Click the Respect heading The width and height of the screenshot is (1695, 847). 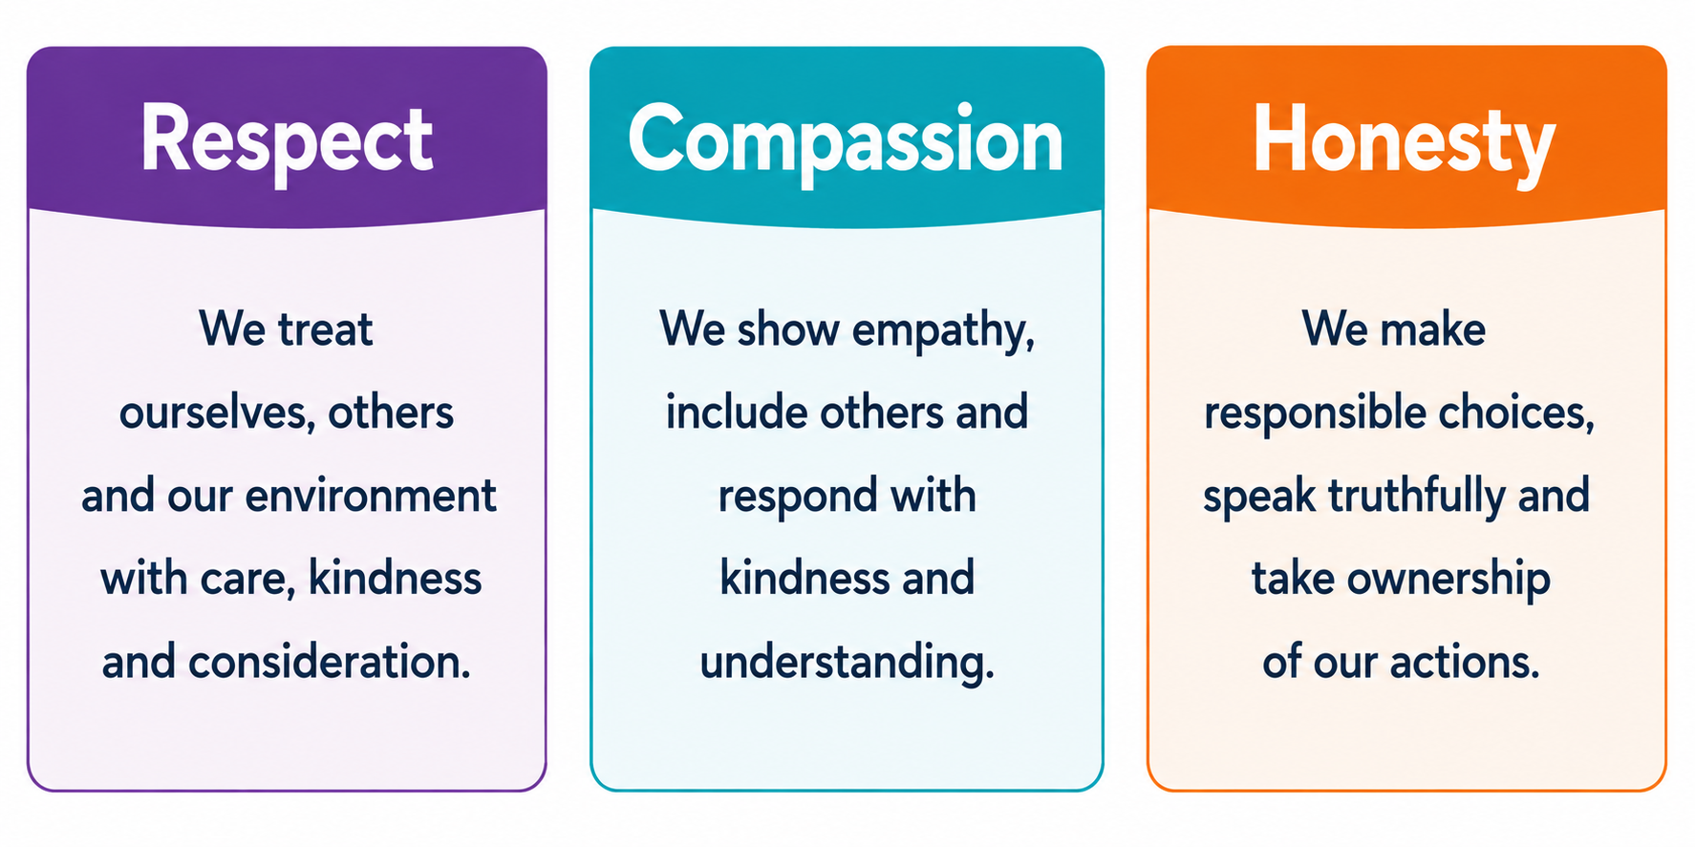coord(287,141)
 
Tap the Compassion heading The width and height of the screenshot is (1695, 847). coord(846,141)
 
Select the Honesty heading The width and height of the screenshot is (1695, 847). coord(1404,141)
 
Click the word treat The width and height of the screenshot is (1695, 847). coord(325,329)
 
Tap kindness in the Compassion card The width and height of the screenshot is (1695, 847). coord(805,578)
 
